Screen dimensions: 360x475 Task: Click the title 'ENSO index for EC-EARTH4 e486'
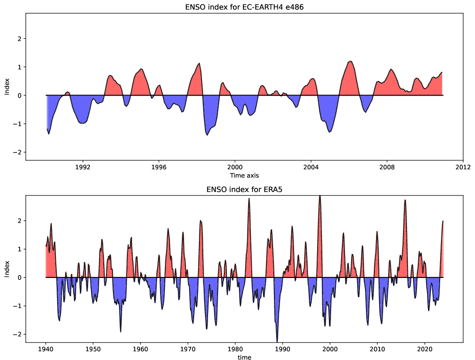[x=244, y=6]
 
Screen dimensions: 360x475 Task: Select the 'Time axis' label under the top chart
[x=244, y=175]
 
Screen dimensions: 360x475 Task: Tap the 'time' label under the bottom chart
[x=244, y=357]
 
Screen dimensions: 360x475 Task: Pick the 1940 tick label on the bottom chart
[x=45, y=349]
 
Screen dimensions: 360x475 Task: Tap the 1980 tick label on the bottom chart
[x=235, y=349]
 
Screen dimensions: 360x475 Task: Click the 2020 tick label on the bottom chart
[x=425, y=349]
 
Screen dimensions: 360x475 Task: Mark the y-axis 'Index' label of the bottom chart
[x=7, y=269]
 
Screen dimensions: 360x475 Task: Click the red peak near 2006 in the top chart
[x=351, y=62]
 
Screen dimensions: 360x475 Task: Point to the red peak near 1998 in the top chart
[x=199, y=64]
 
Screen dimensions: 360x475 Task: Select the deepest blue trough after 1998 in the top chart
[x=207, y=134]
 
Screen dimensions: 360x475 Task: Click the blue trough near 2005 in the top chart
[x=330, y=131]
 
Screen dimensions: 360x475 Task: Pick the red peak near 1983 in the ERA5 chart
[x=249, y=199]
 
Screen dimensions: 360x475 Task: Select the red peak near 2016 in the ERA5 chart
[x=405, y=201]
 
